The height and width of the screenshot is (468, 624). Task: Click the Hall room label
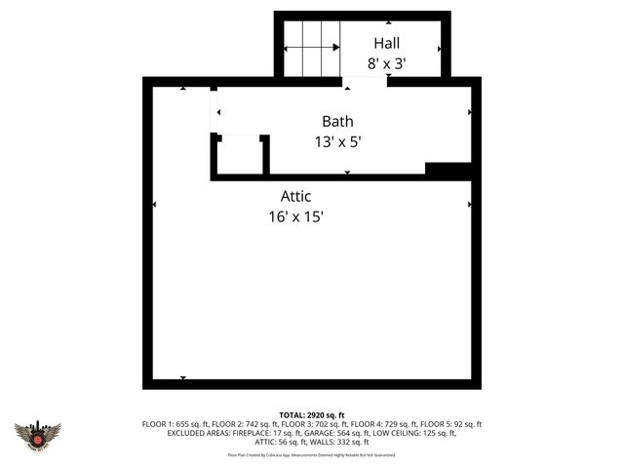386,44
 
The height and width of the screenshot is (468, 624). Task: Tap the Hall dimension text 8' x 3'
386,63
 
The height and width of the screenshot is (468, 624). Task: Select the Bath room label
337,122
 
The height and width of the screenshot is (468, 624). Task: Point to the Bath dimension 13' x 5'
337,141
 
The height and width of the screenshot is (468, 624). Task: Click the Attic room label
295,196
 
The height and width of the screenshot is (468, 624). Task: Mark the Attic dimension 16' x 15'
295,216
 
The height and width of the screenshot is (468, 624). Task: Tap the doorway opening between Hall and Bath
365,82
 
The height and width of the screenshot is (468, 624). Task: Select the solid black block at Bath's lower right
449,171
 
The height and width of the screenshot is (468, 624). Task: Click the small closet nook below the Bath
239,156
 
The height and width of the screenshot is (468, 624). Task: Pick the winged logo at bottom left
37,434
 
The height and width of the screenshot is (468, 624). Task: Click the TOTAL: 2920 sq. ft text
312,413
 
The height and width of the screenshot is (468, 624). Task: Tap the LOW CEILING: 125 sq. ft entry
413,433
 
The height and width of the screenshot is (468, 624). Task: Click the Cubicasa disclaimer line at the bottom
312,454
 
